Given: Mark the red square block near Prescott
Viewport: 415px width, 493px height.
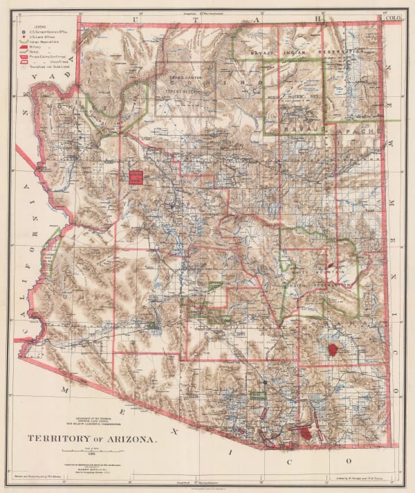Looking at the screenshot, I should point(136,177).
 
